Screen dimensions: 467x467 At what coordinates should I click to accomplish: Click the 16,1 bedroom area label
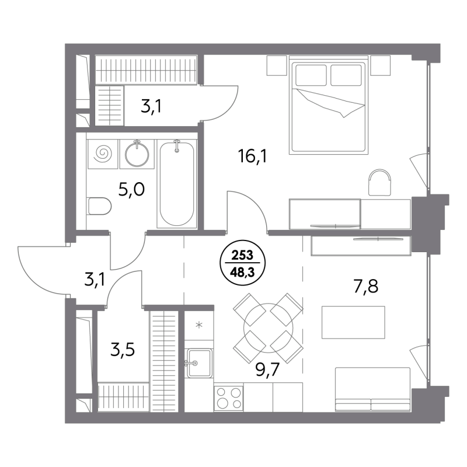point(252,156)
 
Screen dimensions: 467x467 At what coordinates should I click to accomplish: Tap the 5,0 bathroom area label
point(131,189)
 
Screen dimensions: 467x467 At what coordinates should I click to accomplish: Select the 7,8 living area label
point(366,287)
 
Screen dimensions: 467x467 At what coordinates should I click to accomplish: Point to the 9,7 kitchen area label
point(267,370)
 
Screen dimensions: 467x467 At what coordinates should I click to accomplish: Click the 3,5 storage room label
point(123,349)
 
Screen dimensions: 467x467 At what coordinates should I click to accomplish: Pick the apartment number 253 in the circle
point(242,255)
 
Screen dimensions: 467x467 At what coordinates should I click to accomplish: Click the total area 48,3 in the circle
point(242,272)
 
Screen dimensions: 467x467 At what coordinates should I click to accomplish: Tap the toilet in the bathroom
point(100,206)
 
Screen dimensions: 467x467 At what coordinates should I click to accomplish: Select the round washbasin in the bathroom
point(137,154)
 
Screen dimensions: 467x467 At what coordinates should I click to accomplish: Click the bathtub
point(177,184)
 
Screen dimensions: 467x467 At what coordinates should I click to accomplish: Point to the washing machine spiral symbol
point(103,154)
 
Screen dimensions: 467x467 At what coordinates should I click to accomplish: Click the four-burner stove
point(228,398)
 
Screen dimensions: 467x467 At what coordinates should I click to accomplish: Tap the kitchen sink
point(199,363)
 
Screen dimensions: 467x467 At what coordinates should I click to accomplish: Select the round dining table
point(268,327)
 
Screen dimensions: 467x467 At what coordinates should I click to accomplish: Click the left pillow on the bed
point(311,75)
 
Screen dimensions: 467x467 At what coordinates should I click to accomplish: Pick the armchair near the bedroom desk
point(380,182)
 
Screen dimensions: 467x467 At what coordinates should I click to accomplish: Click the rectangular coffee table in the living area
point(353,322)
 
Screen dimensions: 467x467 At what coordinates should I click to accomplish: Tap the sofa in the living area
point(372,389)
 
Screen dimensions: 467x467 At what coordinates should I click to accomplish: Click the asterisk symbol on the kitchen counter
point(199,325)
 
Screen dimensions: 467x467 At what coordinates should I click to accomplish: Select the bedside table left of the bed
point(277,65)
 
